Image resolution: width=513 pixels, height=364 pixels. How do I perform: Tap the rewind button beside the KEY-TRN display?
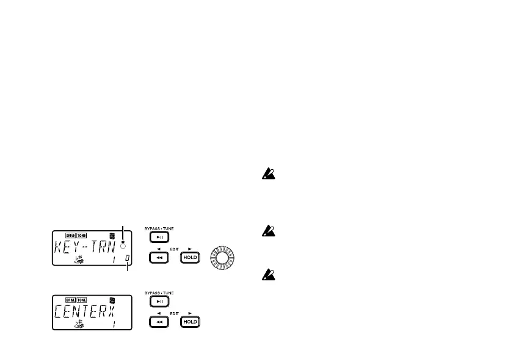coord(159,259)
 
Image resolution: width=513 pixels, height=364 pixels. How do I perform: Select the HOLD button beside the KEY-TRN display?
coord(189,259)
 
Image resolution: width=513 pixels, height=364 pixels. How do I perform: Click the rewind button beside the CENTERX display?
coord(159,322)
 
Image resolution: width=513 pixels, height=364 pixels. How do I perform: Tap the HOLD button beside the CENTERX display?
coord(189,322)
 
